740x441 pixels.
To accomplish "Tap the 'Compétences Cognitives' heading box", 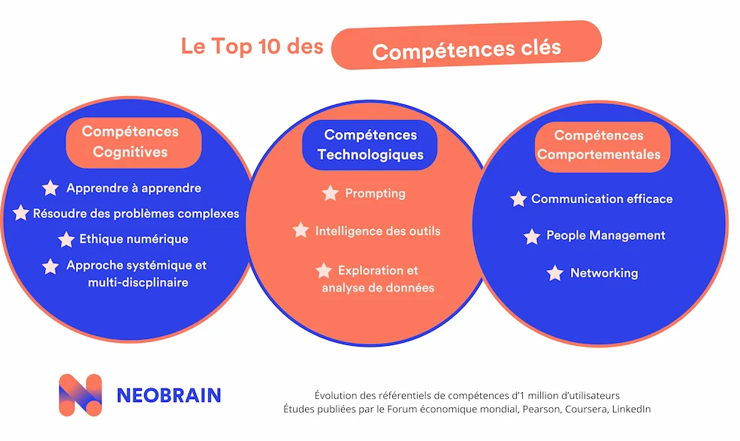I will (x=130, y=142).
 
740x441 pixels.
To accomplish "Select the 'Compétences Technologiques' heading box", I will (x=370, y=145).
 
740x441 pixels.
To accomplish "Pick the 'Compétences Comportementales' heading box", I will (x=598, y=145).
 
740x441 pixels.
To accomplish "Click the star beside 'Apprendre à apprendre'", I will (x=50, y=188).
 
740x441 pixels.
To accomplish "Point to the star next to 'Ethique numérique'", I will (x=66, y=239).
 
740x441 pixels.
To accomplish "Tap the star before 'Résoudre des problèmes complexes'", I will (x=21, y=214).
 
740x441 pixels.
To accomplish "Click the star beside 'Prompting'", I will (x=330, y=193).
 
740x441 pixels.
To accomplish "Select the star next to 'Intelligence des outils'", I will (x=301, y=230).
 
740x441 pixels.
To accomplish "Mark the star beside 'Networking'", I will (x=555, y=273).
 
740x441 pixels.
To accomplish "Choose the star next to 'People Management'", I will (x=532, y=236).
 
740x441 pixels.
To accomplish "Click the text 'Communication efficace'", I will (x=602, y=199).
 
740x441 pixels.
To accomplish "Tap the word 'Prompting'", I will (x=375, y=193).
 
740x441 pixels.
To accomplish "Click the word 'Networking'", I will (x=604, y=273).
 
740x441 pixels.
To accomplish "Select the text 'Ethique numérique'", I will (x=134, y=239).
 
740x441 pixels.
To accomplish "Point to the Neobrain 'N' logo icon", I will (x=80, y=394).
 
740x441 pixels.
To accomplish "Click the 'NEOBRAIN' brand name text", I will (x=168, y=395).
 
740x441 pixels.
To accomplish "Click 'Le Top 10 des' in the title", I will (x=252, y=46).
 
